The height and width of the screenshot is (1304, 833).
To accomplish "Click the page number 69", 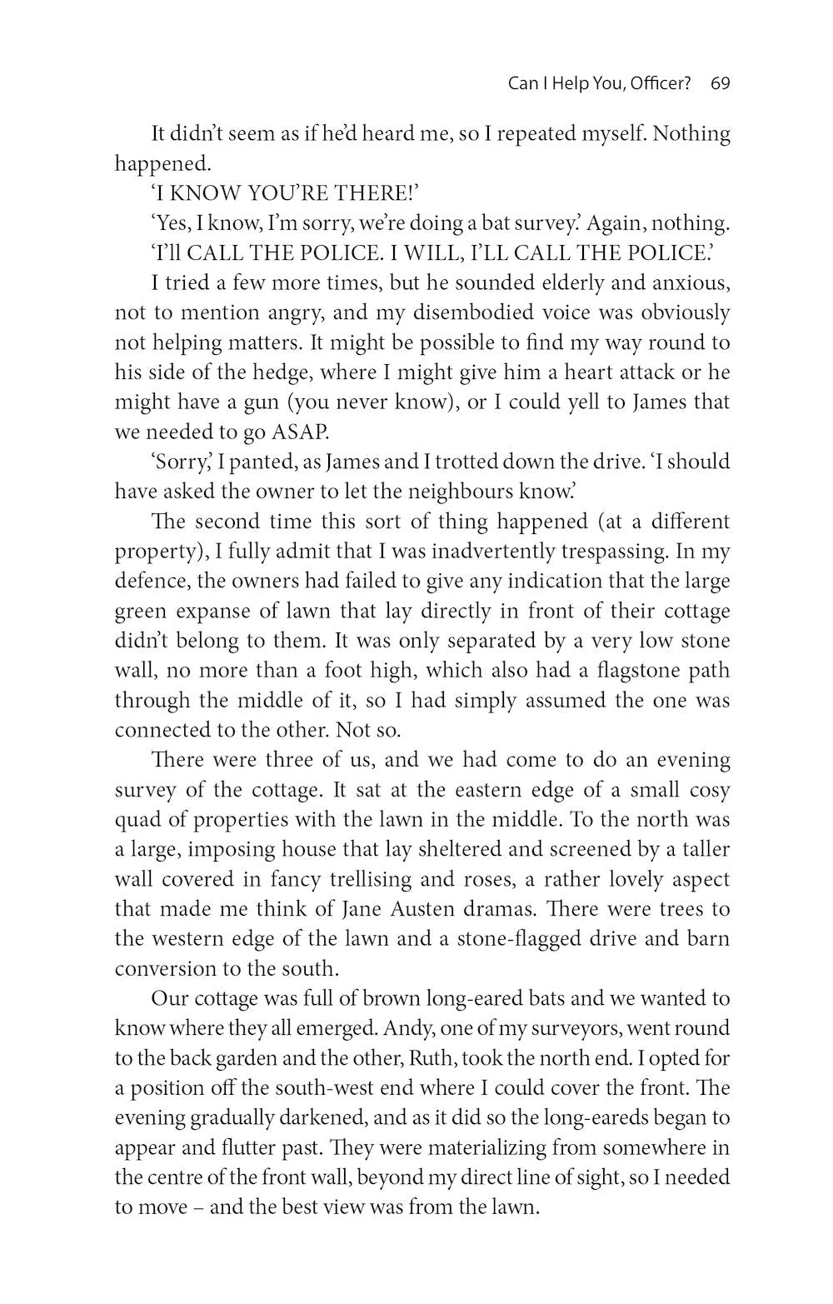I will click(721, 84).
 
